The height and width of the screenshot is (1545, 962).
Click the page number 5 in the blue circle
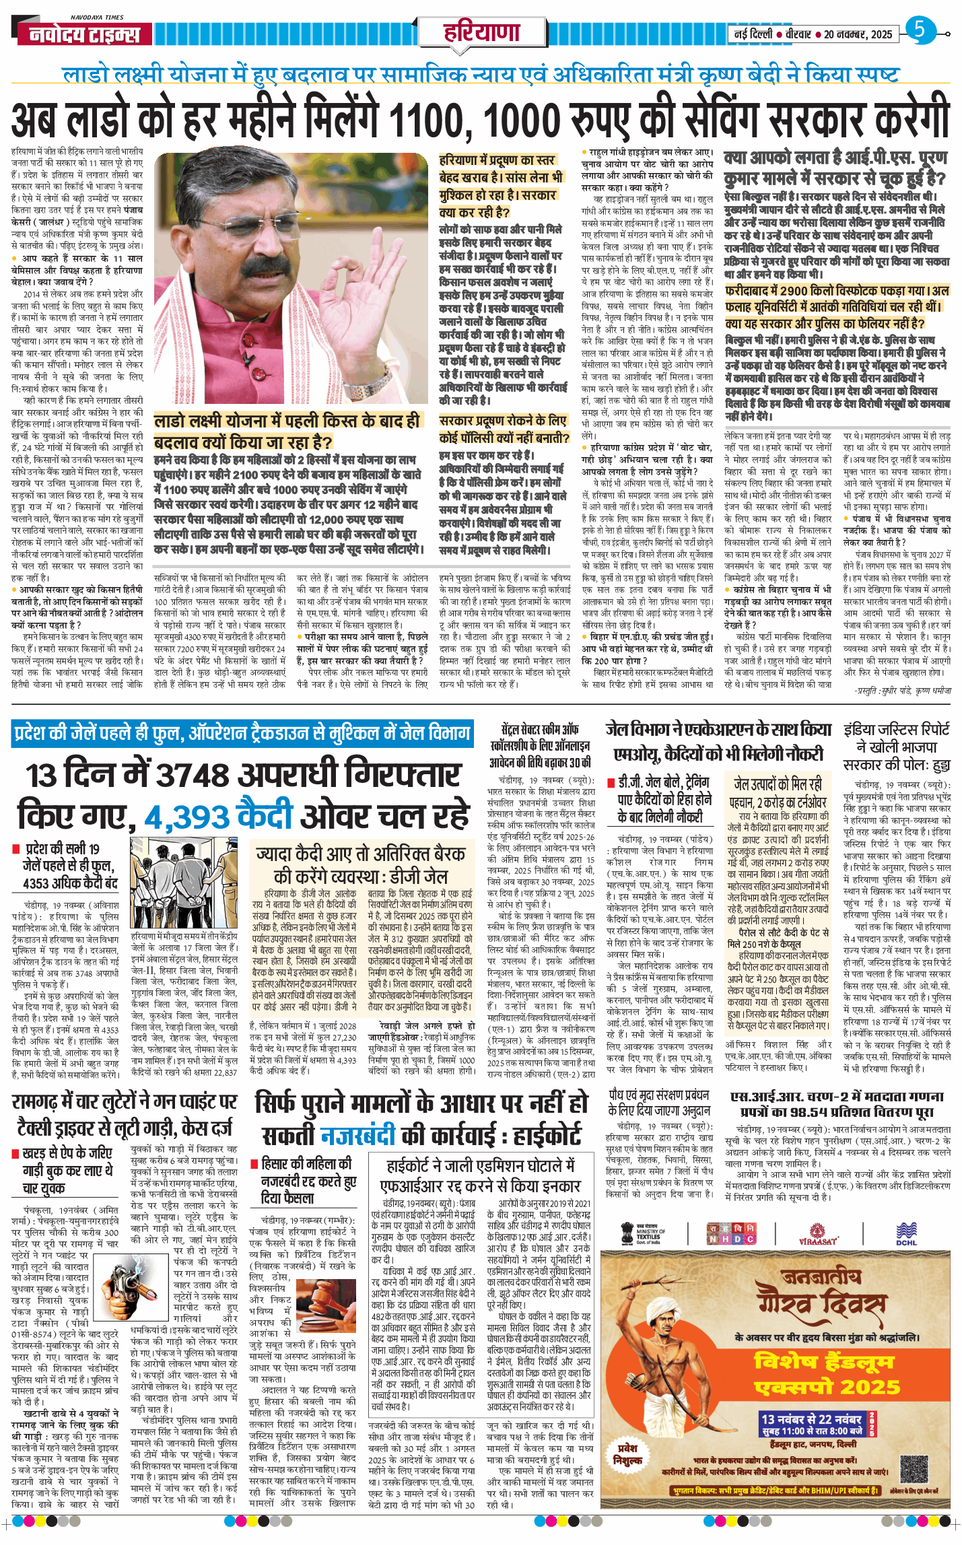click(920, 30)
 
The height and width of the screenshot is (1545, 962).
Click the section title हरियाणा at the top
click(481, 32)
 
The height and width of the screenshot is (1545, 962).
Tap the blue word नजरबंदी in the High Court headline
click(357, 1136)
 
